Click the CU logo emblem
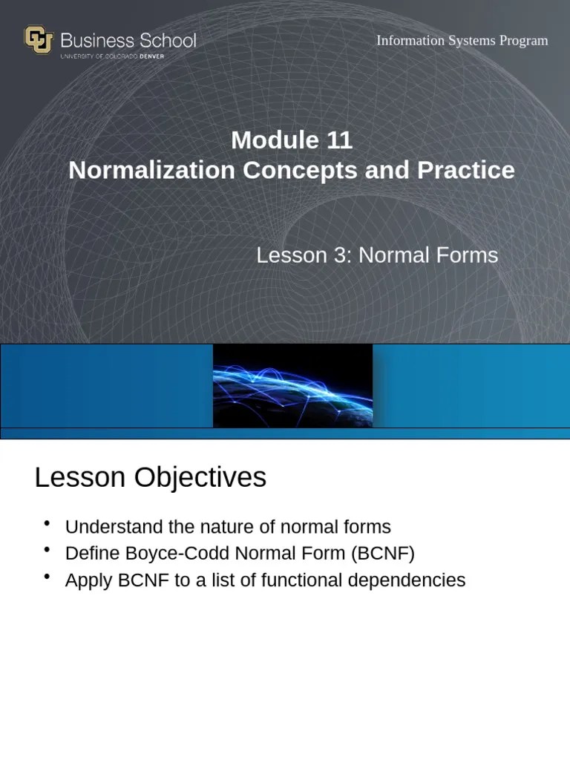39,39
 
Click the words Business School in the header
128,40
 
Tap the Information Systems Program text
462,40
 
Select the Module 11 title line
291,140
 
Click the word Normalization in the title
151,170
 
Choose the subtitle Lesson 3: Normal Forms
377,255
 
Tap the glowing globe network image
292,385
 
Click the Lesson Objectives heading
150,477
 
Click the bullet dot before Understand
47,524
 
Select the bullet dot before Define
47,551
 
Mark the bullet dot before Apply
47,577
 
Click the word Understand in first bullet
114,527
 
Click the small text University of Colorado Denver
112,56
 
